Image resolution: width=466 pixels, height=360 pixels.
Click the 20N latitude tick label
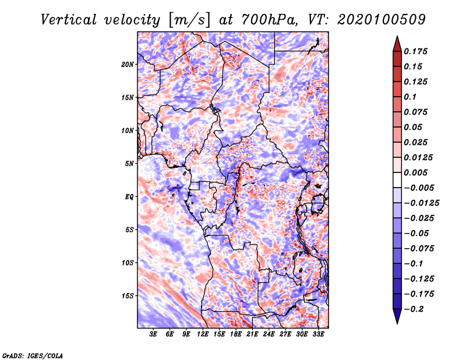point(128,64)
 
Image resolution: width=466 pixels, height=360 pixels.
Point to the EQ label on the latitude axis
point(129,196)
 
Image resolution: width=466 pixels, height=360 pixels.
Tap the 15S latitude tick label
point(128,296)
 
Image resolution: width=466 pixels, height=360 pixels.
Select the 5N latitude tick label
point(129,164)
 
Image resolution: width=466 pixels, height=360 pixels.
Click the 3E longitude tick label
point(153,334)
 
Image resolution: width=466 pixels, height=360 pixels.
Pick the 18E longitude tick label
point(236,334)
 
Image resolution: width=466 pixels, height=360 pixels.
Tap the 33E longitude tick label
point(318,334)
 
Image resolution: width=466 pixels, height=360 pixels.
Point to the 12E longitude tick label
point(203,334)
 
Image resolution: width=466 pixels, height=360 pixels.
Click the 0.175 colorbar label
point(416,51)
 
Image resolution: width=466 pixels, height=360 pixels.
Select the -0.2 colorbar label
point(414,309)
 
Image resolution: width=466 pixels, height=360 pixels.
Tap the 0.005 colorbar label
point(416,172)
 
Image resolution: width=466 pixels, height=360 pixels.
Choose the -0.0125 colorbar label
point(422,203)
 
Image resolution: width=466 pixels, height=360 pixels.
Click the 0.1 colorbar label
point(411,97)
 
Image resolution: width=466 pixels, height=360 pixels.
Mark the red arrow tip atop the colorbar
point(397,36)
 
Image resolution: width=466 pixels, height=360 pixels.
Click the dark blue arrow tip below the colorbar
point(397,323)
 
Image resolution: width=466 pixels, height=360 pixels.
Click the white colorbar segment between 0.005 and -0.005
point(397,180)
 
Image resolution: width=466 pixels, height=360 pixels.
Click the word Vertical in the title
point(69,20)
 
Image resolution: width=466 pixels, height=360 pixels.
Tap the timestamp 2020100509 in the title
point(382,20)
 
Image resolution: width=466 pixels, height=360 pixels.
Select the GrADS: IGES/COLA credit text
point(33,355)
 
